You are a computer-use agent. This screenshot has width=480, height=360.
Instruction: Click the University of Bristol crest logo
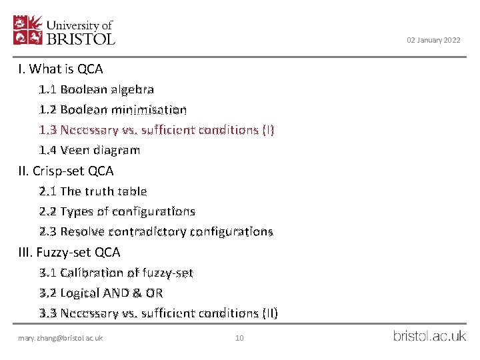tap(28, 30)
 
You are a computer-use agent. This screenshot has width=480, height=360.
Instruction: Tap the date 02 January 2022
tap(433, 41)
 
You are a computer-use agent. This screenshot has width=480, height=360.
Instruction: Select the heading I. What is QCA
tap(61, 69)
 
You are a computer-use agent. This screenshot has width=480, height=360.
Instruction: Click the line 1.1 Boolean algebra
tap(96, 89)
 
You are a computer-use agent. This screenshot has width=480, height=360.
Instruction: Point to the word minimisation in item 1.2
tap(155, 109)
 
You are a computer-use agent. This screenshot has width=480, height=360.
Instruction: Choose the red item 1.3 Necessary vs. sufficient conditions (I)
tap(156, 129)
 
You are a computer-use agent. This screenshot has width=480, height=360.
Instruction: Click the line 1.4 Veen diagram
tap(89, 150)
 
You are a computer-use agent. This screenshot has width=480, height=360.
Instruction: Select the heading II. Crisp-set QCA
tap(66, 171)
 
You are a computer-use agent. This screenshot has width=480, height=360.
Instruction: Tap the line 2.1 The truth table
tap(93, 191)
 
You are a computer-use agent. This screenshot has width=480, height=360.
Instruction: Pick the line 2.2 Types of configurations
tap(117, 211)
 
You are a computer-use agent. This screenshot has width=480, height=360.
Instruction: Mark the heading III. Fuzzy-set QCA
tap(69, 252)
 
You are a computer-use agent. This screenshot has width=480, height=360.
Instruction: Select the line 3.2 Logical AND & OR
tap(101, 293)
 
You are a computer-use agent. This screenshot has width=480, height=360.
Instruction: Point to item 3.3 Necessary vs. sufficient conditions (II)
tap(159, 313)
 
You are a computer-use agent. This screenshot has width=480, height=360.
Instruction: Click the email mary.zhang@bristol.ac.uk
tap(61, 338)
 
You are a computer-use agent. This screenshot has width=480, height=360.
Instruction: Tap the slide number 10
tap(240, 338)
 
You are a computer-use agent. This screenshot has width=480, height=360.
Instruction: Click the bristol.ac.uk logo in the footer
tap(429, 336)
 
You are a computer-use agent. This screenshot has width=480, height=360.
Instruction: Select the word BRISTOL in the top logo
tap(81, 39)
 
